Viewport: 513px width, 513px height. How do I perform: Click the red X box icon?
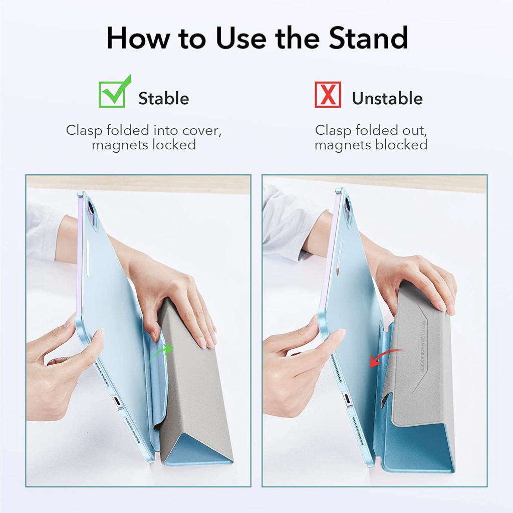click(328, 95)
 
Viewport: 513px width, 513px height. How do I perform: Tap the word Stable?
click(163, 98)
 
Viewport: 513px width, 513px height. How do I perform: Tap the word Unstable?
click(387, 98)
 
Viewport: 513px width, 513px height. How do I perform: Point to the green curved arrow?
click(161, 355)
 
